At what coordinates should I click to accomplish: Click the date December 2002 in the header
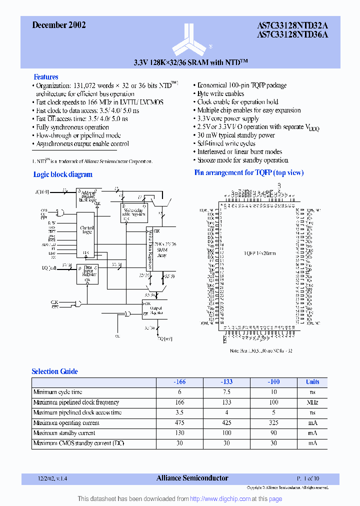pyautogui.click(x=59, y=25)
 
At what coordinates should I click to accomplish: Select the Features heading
pyautogui.click(x=46, y=77)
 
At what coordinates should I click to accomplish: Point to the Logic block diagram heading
pyautogui.click(x=62, y=174)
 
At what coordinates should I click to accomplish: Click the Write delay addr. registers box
pyautogui.click(x=132, y=212)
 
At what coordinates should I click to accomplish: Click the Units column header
pyautogui.click(x=312, y=381)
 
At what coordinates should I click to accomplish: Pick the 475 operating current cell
pyautogui.click(x=179, y=422)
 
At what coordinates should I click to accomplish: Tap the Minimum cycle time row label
pyautogui.click(x=58, y=392)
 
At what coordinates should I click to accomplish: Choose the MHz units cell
pyautogui.click(x=312, y=402)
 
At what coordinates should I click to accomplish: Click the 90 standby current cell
pyautogui.click(x=274, y=433)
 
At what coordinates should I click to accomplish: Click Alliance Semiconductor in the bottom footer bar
pyautogui.click(x=192, y=478)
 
